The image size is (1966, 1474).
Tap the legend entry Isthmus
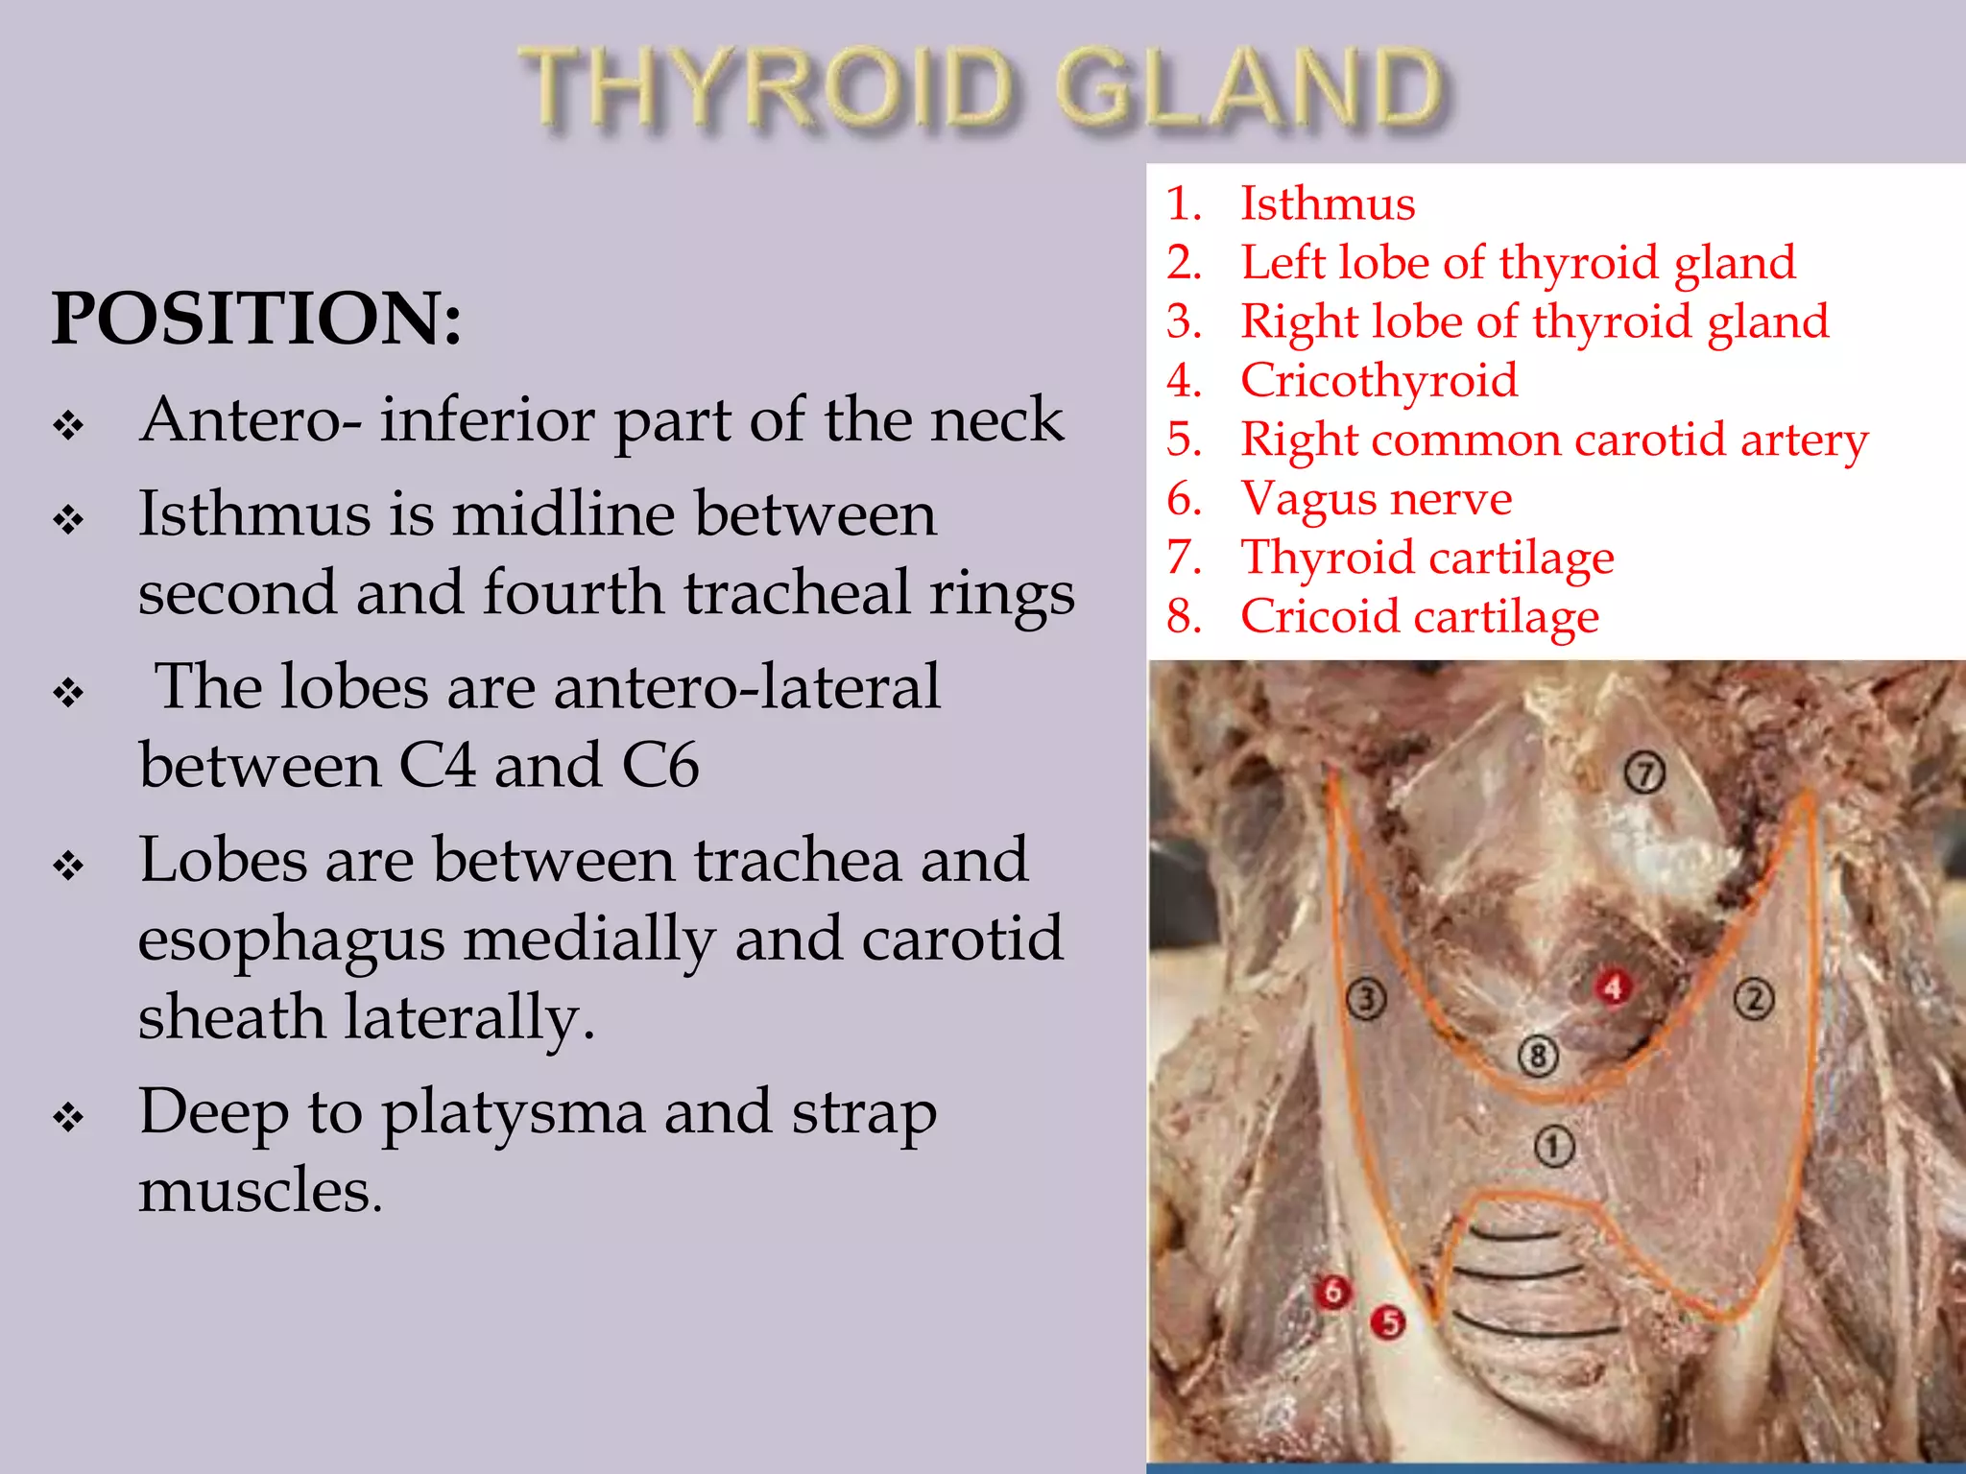point(1327,203)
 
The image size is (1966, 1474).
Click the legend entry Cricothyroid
point(1379,380)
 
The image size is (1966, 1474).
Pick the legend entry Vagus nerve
point(1376,498)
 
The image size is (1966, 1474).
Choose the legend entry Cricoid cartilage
point(1419,616)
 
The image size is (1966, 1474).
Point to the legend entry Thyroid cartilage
point(1427,558)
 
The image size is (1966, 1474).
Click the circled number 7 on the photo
point(1644,773)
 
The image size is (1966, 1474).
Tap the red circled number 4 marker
point(1613,987)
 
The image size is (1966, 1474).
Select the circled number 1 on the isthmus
point(1553,1146)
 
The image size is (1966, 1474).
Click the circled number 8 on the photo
point(1538,1057)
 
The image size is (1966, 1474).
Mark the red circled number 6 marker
point(1332,1292)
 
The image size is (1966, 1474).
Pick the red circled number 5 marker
point(1388,1323)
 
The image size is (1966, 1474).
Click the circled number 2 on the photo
point(1754,999)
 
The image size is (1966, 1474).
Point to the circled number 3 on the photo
point(1367,1000)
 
